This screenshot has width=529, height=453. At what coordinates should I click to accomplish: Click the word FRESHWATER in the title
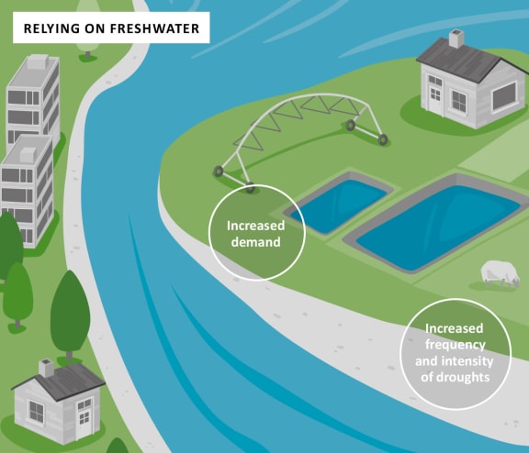155,28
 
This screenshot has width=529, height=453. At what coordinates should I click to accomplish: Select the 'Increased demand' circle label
256,233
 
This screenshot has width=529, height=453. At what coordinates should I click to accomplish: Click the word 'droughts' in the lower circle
456,377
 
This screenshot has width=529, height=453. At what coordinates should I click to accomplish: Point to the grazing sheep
500,274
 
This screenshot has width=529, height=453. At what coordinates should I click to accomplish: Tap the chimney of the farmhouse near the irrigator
456,39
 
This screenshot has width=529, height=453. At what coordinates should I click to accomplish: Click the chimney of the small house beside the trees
46,368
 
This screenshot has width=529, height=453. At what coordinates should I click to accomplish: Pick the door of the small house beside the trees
84,419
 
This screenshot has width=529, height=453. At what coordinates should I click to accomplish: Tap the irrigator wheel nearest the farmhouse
383,139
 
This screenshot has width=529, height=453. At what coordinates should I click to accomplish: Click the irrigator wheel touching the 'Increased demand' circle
250,187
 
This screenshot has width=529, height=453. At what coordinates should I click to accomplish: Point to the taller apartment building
33,98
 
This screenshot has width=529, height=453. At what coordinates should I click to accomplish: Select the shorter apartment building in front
27,191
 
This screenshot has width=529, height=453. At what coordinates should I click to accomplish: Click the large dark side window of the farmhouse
504,96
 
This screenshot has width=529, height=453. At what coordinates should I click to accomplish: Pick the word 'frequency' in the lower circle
456,345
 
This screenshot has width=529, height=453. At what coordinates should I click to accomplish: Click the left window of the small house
36,411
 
